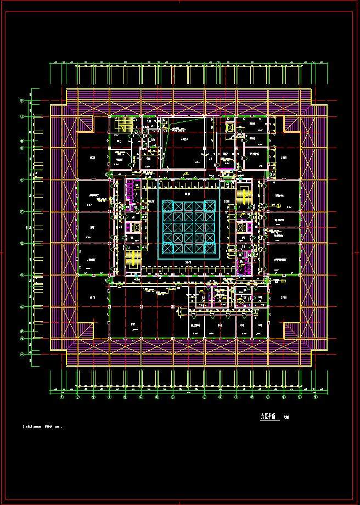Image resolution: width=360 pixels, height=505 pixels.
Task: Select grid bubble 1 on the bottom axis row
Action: coord(61,398)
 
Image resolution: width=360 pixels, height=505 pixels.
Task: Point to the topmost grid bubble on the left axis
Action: coord(22,101)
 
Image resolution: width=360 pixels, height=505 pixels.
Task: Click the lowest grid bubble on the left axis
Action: coord(22,354)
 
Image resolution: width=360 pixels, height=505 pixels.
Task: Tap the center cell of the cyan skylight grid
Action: coord(189,227)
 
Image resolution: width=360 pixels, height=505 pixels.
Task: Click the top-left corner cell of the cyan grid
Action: coord(167,206)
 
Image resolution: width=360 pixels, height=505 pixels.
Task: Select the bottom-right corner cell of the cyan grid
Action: coord(210,248)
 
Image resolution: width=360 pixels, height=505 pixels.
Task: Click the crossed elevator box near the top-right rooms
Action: coord(229,127)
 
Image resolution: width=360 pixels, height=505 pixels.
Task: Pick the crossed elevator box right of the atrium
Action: coord(242,226)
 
